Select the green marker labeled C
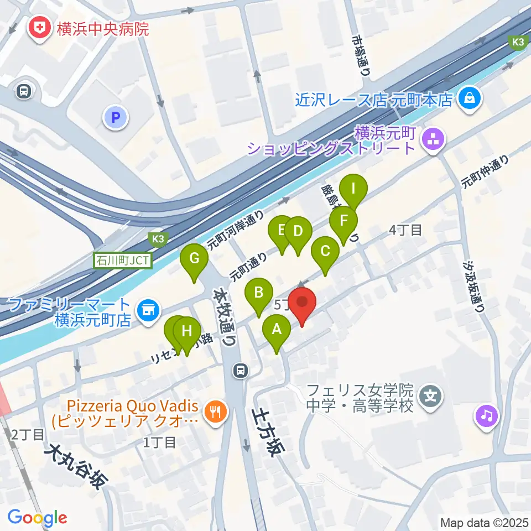click(x=325, y=252)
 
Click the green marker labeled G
click(x=194, y=259)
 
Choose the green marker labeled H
click(x=187, y=332)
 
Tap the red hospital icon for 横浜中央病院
click(x=40, y=28)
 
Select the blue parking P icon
click(x=115, y=117)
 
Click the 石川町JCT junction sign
click(x=122, y=260)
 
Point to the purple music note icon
click(x=487, y=414)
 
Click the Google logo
click(x=37, y=518)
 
